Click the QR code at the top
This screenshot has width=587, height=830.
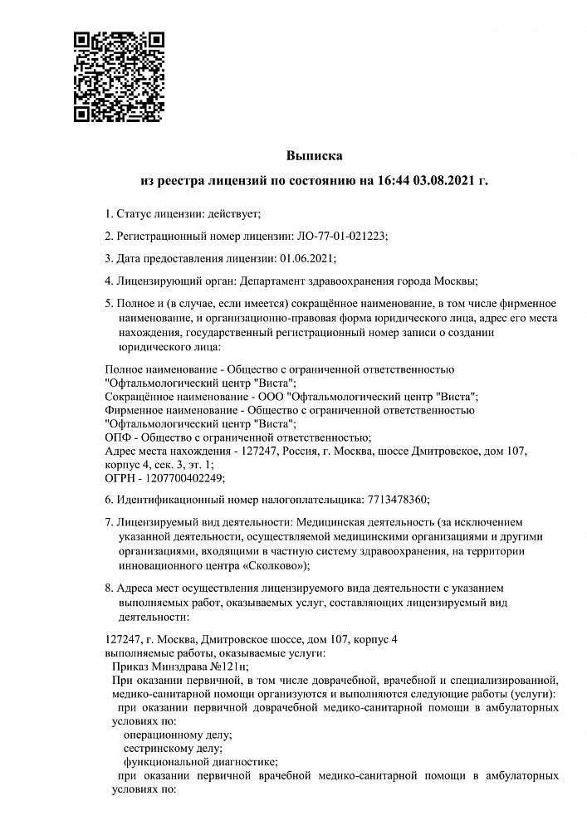click(x=118, y=76)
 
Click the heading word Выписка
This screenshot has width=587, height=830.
click(x=314, y=154)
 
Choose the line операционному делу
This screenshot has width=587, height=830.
click(x=177, y=735)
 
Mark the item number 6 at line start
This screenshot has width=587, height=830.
click(x=109, y=499)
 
